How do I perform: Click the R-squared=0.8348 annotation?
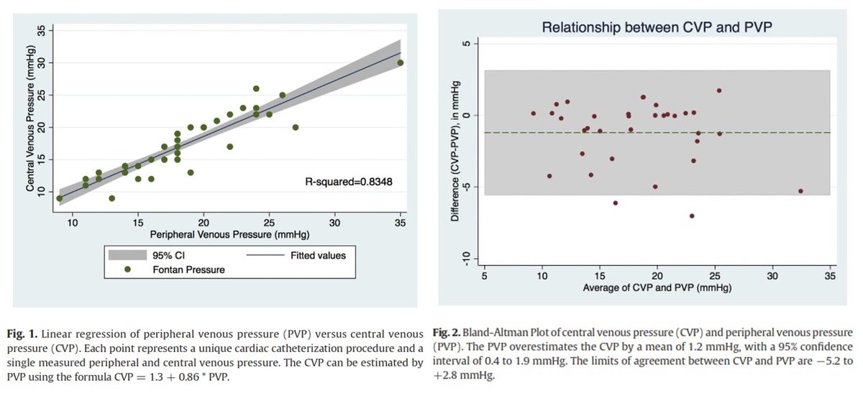350,182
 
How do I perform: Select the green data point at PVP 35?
401,63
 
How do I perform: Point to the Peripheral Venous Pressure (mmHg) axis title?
229,234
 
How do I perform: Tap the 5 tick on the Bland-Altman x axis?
485,277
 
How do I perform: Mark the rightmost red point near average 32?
800,191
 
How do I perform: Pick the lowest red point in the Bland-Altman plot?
692,216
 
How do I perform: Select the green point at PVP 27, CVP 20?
296,127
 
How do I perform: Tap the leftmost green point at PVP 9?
60,198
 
